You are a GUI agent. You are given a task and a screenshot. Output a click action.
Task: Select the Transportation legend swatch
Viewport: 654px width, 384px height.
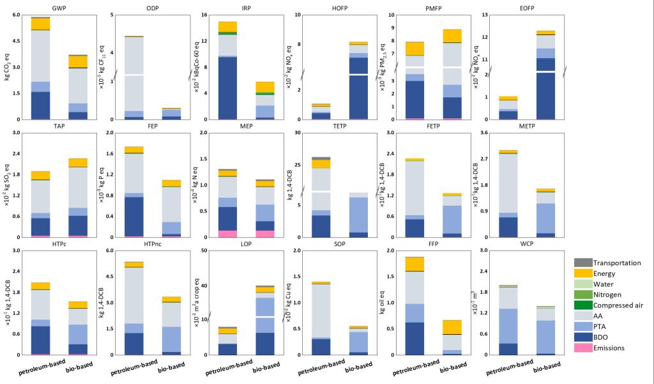point(582,263)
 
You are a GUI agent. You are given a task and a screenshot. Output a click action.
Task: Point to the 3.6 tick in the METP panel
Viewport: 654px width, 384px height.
point(475,133)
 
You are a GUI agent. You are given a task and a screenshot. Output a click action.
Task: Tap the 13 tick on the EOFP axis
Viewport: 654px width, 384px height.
point(477,15)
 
